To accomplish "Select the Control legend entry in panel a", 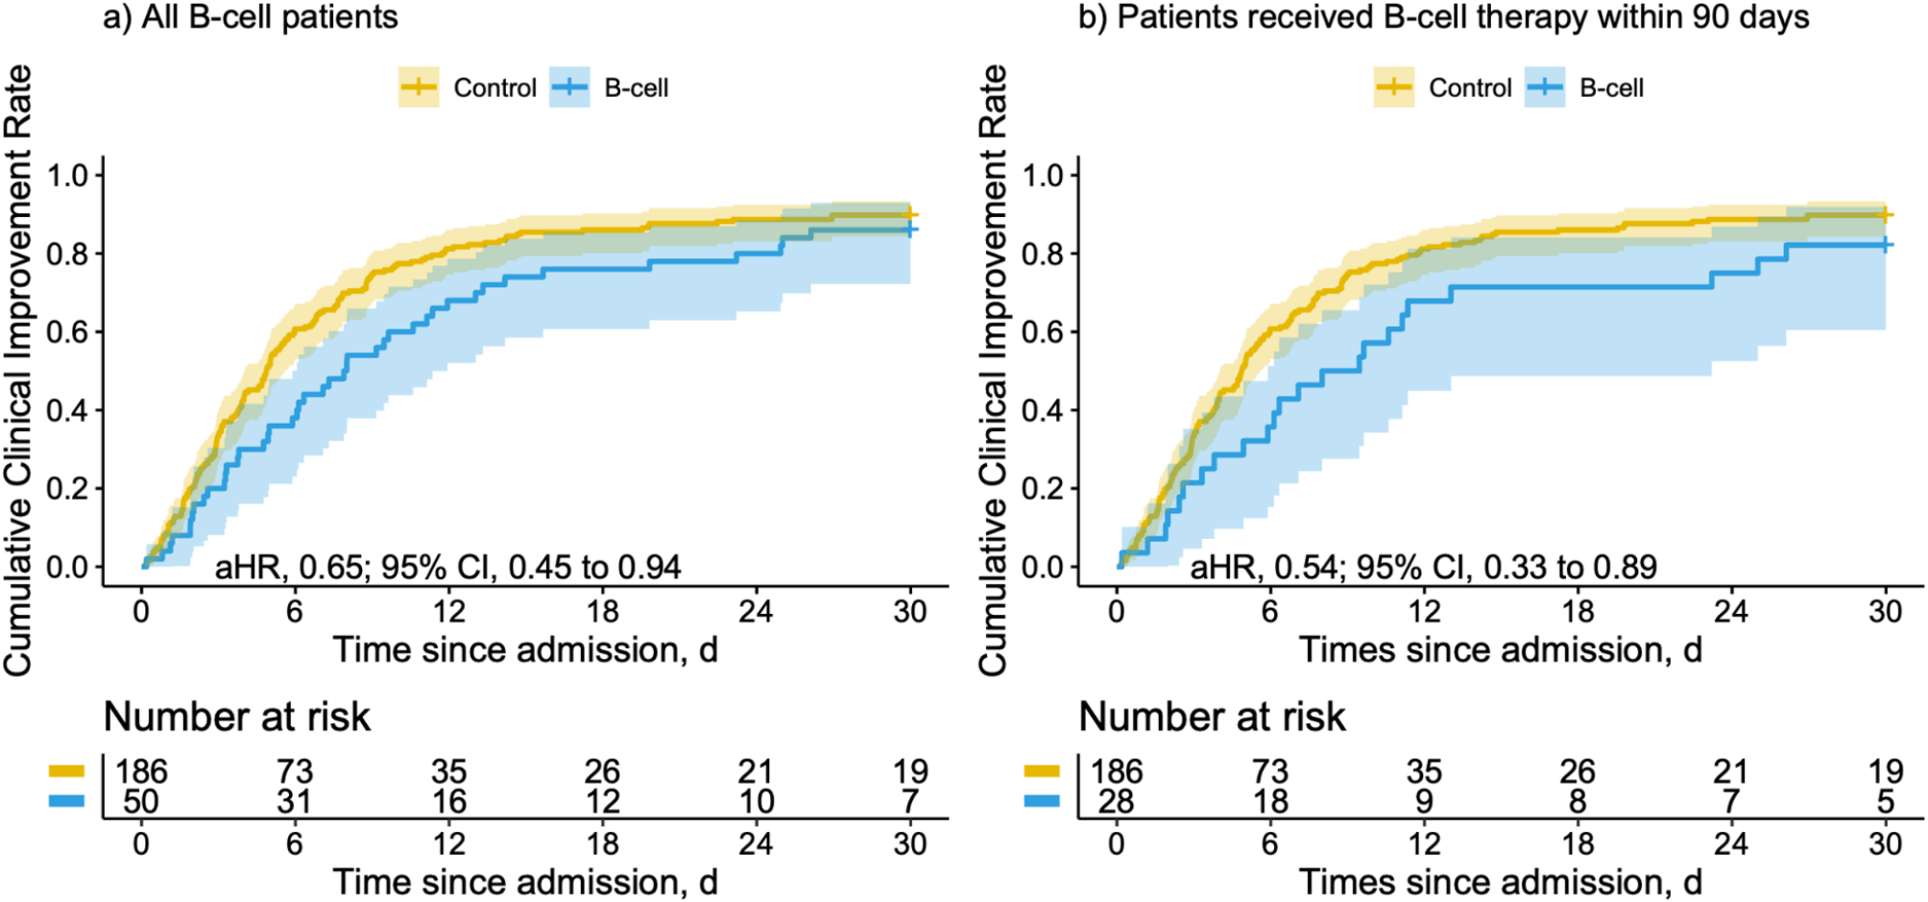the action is (468, 87).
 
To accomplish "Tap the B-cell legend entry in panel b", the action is (1584, 87).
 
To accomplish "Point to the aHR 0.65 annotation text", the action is (447, 567).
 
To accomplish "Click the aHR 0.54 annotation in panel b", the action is (1423, 567).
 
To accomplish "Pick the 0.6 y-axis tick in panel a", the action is (67, 332).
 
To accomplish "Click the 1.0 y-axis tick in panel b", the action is (1043, 176).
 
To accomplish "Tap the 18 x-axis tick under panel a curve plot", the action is (602, 611).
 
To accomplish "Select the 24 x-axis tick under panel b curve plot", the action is (1731, 611).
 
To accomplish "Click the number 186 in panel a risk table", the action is (141, 771).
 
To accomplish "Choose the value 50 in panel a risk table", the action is (141, 801).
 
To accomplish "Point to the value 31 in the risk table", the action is (295, 801).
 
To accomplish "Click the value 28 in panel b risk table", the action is (1116, 801).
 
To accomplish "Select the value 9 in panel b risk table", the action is (1424, 801).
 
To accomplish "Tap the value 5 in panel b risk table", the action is (1886, 801).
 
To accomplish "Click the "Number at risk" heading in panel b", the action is (1212, 717).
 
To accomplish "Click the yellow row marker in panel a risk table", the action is (66, 770).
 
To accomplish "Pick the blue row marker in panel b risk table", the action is (1042, 800).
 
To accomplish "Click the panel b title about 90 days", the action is (1443, 17).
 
